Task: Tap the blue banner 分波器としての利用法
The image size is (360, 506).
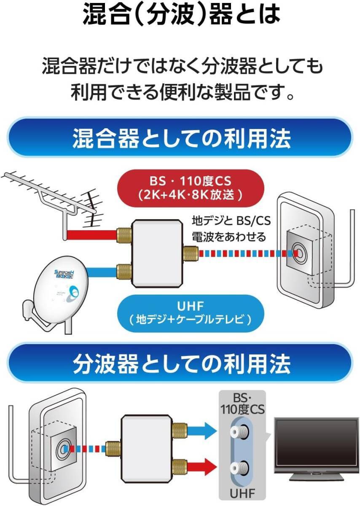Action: (180, 363)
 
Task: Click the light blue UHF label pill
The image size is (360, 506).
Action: (191, 313)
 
